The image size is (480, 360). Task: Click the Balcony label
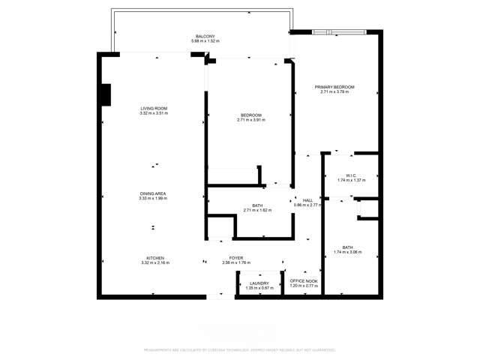pos(205,36)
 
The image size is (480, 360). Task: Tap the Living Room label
pos(153,109)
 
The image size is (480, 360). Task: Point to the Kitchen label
pos(155,258)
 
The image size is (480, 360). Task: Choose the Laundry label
pos(258,282)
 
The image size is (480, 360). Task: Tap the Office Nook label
pos(304,282)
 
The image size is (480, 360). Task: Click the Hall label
pos(307,200)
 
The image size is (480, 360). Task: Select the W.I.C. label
pos(351,176)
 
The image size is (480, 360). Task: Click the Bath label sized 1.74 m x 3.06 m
pos(348,247)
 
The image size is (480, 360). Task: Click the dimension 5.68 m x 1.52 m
pos(205,40)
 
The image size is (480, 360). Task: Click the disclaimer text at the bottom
pos(239,349)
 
